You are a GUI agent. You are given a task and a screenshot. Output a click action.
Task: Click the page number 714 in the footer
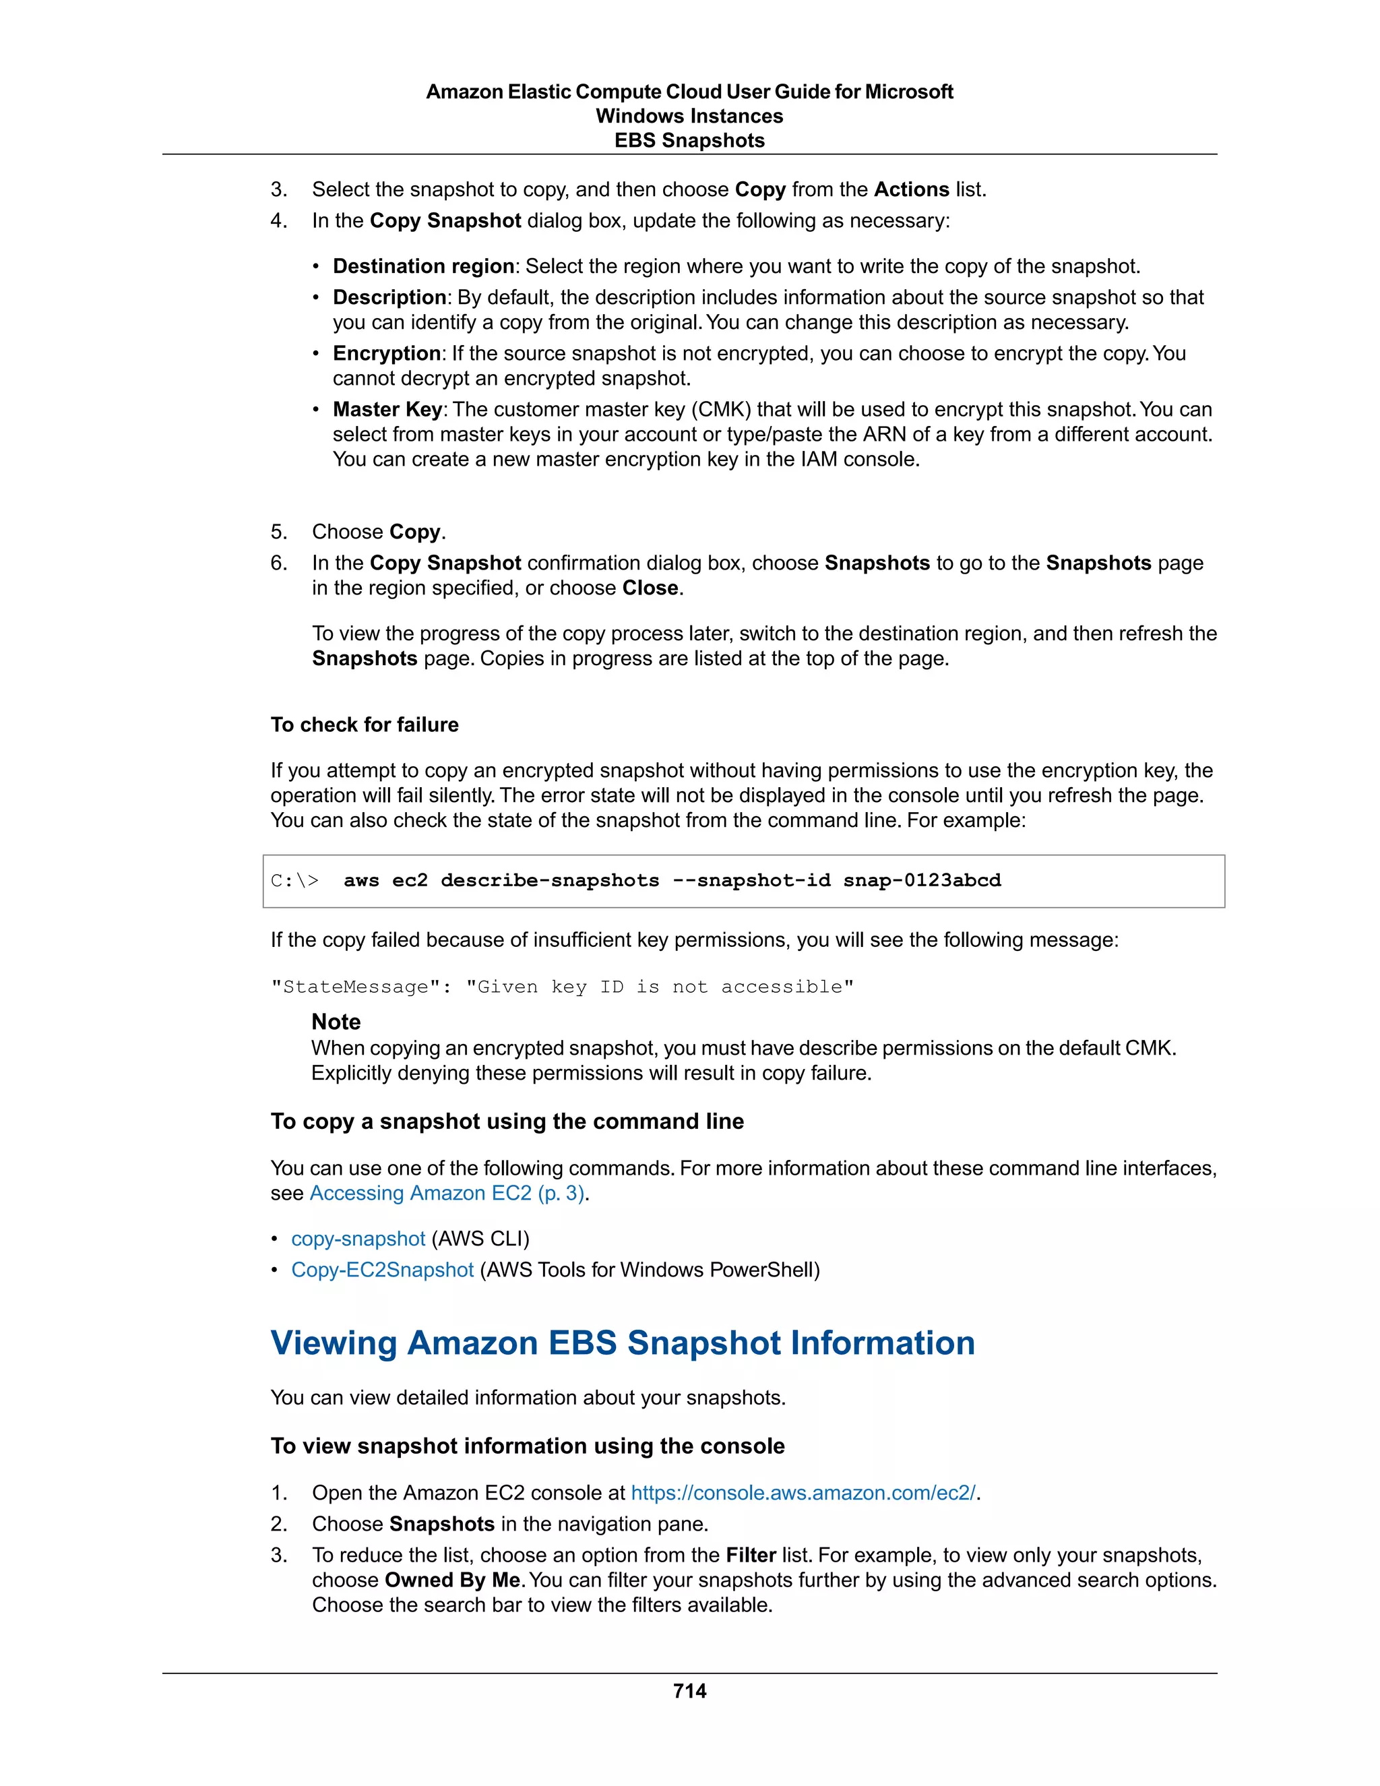pyautogui.click(x=689, y=1690)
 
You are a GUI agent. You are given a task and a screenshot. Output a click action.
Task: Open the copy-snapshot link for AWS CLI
pyautogui.click(x=358, y=1239)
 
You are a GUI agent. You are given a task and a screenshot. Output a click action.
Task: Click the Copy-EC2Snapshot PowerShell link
pyautogui.click(x=382, y=1270)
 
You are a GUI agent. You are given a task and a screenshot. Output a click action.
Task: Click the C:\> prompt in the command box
pyautogui.click(x=294, y=881)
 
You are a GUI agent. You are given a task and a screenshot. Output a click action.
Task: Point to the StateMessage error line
pyautogui.click(x=562, y=987)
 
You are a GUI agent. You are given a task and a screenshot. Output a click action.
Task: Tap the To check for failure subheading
pyautogui.click(x=365, y=725)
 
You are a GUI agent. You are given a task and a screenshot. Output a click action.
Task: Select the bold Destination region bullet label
pyautogui.click(x=422, y=267)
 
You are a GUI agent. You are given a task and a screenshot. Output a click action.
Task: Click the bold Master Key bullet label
pyautogui.click(x=387, y=410)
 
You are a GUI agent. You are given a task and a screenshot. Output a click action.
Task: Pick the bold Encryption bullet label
pyautogui.click(x=386, y=353)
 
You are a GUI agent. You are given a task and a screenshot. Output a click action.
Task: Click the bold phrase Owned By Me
pyautogui.click(x=452, y=1580)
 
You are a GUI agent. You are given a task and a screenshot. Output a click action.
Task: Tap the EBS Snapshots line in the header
pyautogui.click(x=689, y=141)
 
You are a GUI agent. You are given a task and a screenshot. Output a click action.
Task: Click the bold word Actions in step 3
pyautogui.click(x=911, y=190)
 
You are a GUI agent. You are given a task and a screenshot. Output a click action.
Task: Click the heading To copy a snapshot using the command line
pyautogui.click(x=507, y=1121)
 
